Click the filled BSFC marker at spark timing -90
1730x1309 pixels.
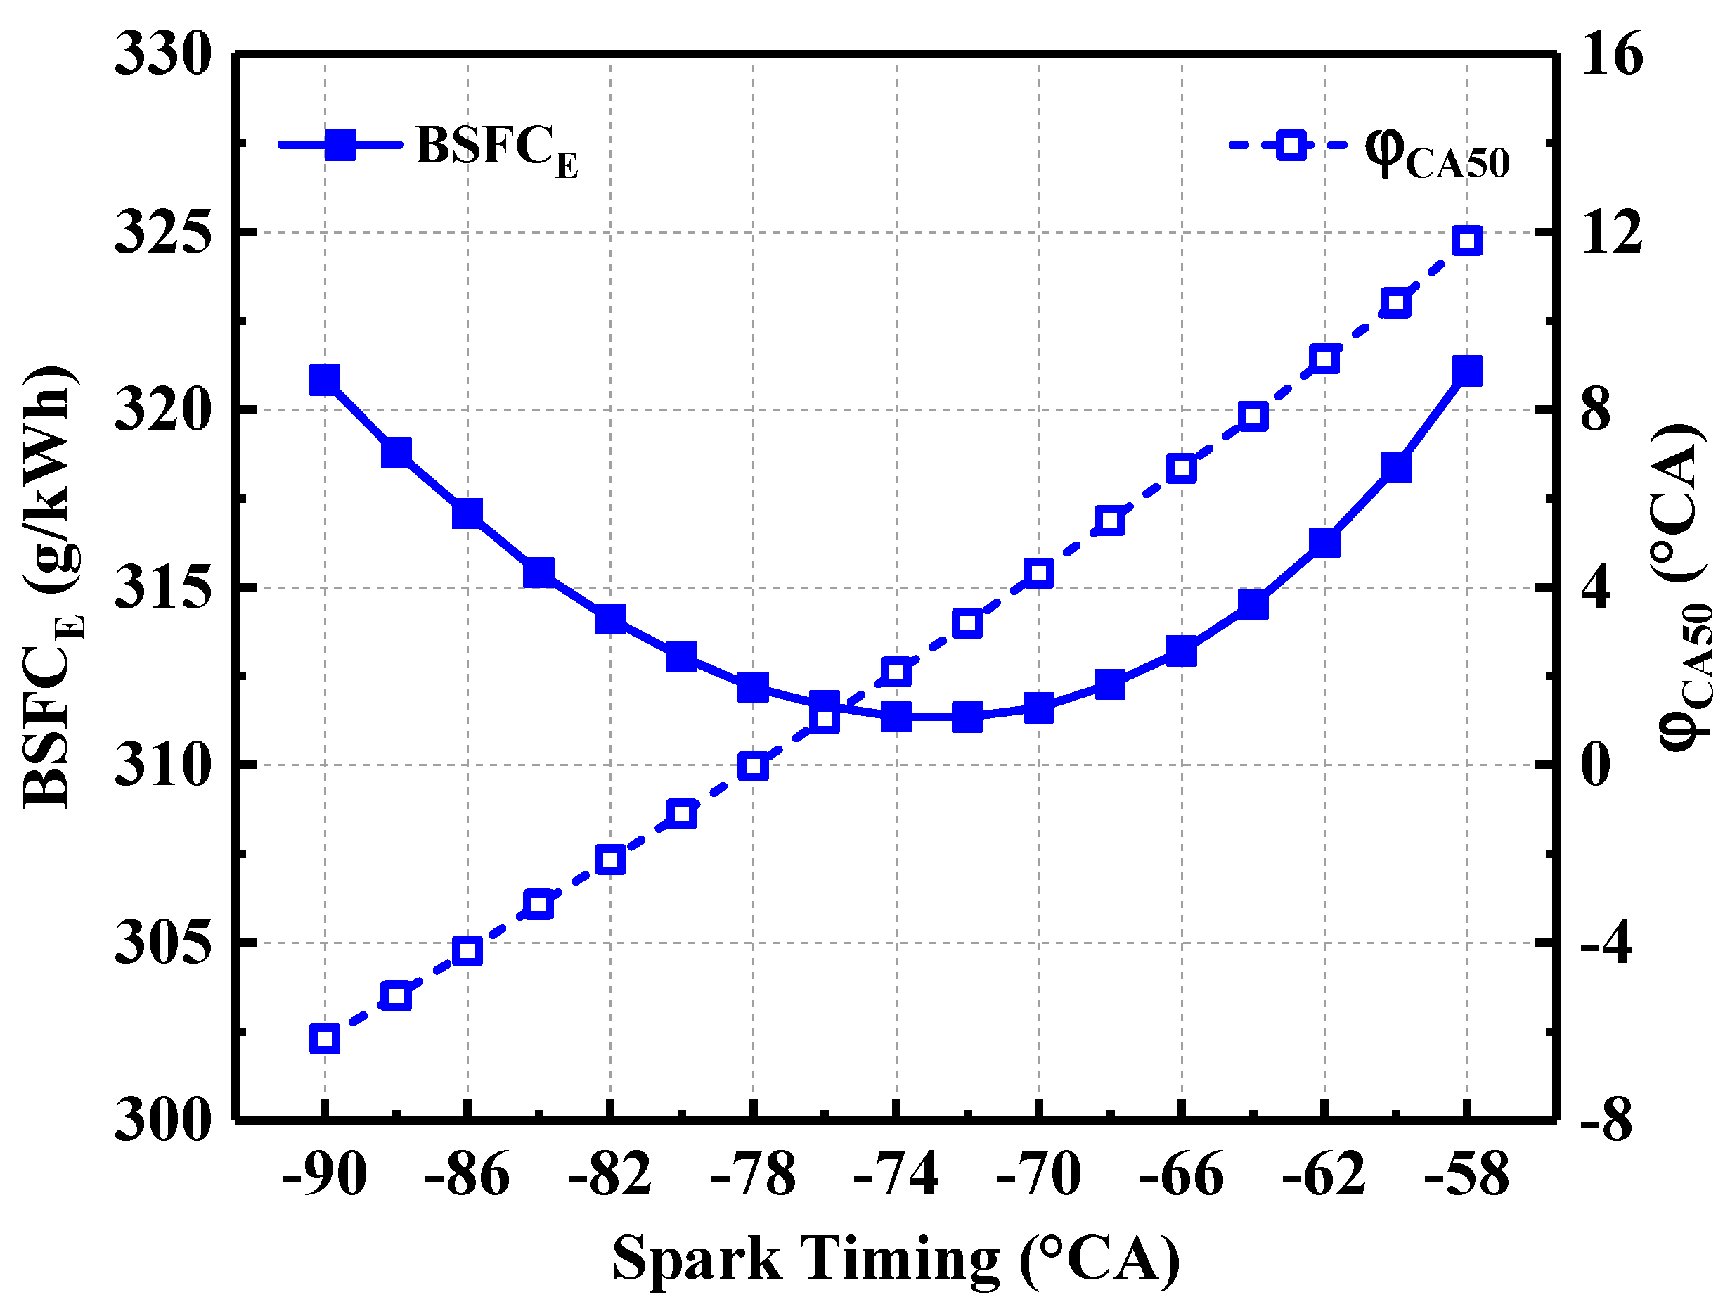[325, 380]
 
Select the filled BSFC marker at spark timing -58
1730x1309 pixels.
[1466, 371]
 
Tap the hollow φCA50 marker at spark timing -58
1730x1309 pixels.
[1466, 240]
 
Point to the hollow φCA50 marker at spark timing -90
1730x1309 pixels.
[325, 1039]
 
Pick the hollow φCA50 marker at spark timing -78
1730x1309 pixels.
[753, 765]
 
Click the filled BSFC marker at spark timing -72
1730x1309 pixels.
[967, 717]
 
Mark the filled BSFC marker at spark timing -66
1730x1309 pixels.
[1182, 650]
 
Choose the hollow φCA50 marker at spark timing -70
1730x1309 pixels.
[1038, 573]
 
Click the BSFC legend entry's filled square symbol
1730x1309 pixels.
[340, 145]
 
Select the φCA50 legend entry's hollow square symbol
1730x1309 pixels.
[1291, 145]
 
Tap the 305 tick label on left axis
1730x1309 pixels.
[164, 943]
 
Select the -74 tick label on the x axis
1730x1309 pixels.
[896, 1175]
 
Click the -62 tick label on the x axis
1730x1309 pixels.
[1324, 1175]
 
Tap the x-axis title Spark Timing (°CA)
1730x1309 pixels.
[896, 1260]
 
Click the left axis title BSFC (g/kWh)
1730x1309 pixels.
[53, 587]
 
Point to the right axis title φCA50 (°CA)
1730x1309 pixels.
[1686, 587]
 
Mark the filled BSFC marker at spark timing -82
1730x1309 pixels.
[610, 619]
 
